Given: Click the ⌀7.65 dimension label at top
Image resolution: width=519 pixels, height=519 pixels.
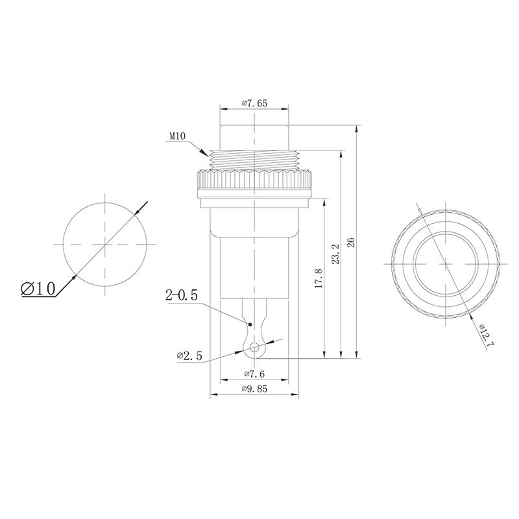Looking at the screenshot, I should (254, 103).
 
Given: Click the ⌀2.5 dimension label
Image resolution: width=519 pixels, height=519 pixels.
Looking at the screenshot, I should (189, 356).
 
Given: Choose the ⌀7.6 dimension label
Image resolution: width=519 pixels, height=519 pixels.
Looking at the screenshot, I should (254, 374).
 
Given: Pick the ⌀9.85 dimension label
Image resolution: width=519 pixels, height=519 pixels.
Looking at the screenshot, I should (254, 389).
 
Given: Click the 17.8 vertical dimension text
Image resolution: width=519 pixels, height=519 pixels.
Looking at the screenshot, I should (318, 279).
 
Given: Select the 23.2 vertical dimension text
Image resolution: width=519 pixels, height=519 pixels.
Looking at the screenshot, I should (335, 254).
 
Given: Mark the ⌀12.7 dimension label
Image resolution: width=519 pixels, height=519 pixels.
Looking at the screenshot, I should (487, 335).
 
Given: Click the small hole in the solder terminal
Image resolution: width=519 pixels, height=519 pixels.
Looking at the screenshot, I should (254, 347).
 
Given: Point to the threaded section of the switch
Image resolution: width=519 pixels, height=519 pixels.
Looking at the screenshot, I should (254, 158).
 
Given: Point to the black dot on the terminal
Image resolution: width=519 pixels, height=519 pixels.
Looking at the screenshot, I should (250, 322).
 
